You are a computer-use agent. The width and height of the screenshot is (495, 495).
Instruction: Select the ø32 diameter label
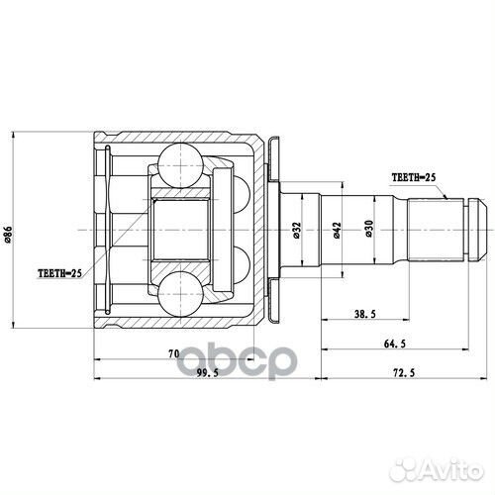[297, 231]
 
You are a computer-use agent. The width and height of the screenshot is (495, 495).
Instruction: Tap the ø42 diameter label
[338, 231]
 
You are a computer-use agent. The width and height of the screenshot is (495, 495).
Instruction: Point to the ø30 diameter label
[368, 231]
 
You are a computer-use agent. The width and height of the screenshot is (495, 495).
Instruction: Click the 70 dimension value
[172, 351]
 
